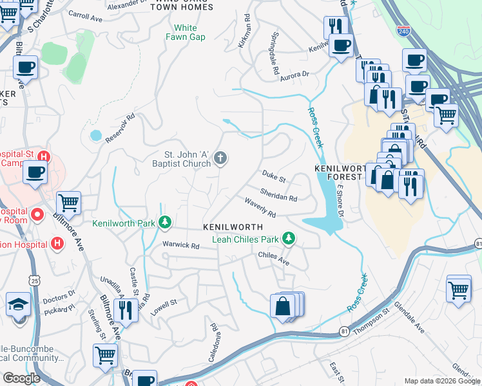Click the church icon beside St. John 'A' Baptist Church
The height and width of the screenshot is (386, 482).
220,158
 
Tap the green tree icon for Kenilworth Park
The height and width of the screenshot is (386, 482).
166,223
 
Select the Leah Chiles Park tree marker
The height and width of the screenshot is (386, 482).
289,239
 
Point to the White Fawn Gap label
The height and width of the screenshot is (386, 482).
185,33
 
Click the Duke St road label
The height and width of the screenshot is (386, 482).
273,175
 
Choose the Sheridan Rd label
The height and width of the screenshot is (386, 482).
278,194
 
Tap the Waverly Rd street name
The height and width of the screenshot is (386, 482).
260,207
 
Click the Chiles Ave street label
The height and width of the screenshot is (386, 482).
273,258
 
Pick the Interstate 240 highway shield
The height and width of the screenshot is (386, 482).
403,30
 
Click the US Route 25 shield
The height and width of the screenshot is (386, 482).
35,280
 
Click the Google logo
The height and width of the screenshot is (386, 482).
22,378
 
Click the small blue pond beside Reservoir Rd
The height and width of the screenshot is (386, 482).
96,136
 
